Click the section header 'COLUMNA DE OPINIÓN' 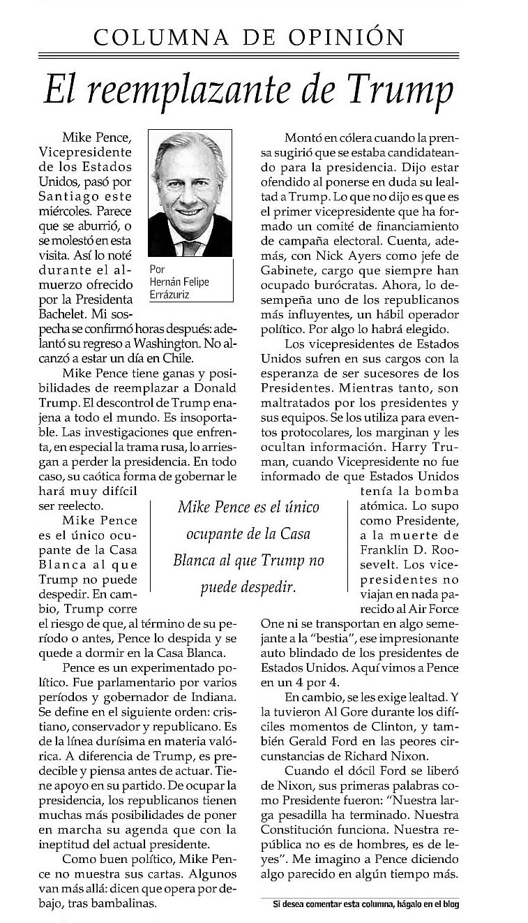(x=248, y=36)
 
